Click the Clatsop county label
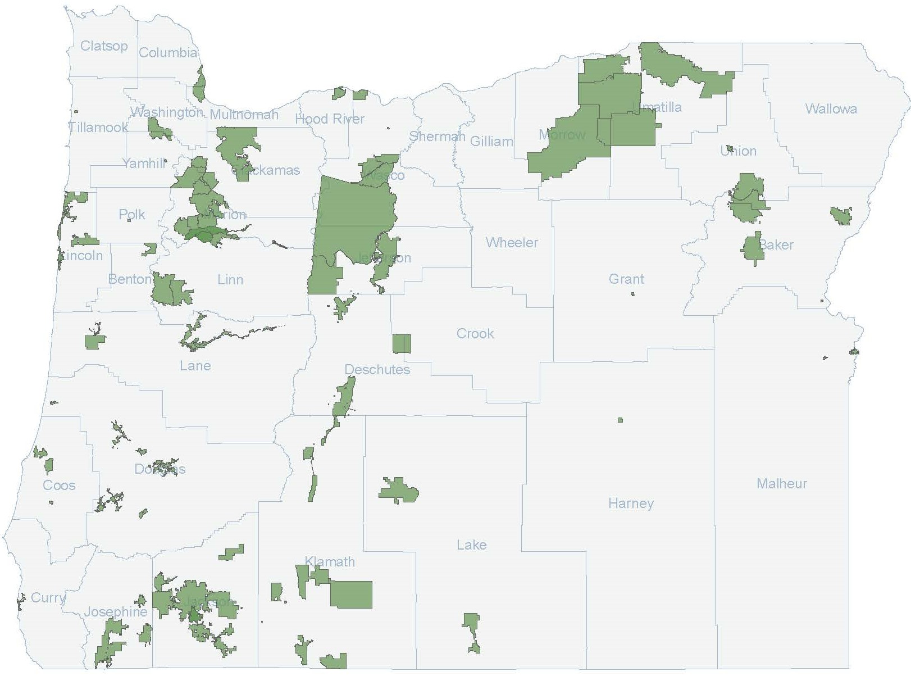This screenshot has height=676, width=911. pos(104,46)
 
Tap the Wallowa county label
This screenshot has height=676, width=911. pos(831,108)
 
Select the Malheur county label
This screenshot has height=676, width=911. pos(781,483)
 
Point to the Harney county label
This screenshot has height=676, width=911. pos(631,503)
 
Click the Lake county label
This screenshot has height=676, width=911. pos(471,545)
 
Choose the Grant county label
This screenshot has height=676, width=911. pos(626,279)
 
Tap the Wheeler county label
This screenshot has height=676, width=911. pos(512,242)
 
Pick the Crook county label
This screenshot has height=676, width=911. pos(475,333)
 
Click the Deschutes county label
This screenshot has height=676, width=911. pos(377,369)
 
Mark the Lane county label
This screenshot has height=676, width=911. pos(195,365)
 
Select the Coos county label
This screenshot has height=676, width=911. pos(59,485)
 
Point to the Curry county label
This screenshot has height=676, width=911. pos(48,597)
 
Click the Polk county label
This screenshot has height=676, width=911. pos(132,214)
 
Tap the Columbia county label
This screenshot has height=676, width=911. pos(168,53)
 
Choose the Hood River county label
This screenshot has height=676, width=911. pos(330,119)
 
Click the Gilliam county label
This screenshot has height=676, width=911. pos(491,141)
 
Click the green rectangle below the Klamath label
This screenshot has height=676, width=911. pos(351,595)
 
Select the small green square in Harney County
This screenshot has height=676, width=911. pos(620,420)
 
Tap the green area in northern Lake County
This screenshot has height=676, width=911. pos(400,491)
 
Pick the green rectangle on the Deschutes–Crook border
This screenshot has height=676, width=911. pos(402,343)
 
